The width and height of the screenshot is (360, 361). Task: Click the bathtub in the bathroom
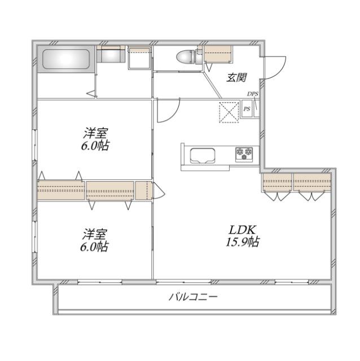click(65, 59)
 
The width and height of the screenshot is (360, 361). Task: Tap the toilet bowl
click(187, 58)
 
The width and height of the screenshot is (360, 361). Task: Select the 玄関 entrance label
click(236, 78)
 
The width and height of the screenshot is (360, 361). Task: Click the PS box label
click(247, 109)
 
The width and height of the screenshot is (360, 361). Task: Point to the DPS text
click(252, 94)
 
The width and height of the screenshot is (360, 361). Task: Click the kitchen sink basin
click(200, 155)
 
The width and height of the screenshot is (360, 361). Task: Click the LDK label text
click(243, 230)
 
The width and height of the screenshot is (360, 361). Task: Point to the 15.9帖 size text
click(243, 243)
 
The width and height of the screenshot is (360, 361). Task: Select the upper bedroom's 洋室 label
click(95, 134)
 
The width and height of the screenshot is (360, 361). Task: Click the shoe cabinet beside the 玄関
click(218, 56)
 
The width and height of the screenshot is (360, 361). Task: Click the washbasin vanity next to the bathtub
click(111, 56)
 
